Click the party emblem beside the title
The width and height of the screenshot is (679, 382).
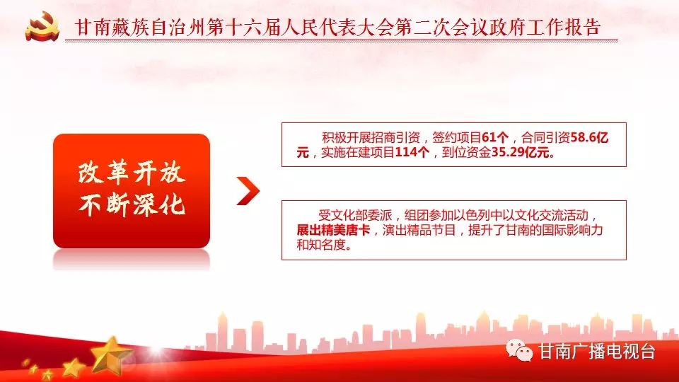click(42, 27)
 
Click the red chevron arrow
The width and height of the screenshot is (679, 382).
click(248, 190)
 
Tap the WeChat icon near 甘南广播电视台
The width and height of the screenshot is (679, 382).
click(519, 351)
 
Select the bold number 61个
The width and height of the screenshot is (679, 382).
click(495, 138)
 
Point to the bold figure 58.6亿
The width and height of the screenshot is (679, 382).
click(589, 138)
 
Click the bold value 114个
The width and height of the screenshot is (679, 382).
click(412, 153)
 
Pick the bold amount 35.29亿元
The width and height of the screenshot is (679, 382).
click(520, 153)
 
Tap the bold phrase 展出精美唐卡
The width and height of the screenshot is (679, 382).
click(333, 230)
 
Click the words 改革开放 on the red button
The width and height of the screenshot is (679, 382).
click(132, 172)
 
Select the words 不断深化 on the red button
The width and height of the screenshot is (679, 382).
click(132, 204)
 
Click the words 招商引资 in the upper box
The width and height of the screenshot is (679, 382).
click(395, 138)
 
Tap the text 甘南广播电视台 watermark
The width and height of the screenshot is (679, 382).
click(597, 352)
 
